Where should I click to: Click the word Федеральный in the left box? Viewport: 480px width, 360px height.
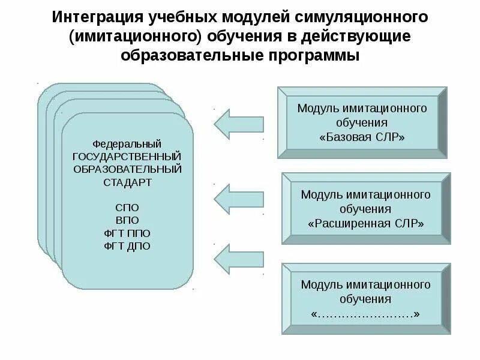(x=127, y=144)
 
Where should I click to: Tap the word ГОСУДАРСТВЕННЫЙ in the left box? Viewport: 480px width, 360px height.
(x=127, y=157)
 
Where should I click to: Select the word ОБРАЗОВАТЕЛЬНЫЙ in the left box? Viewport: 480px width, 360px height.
(x=127, y=169)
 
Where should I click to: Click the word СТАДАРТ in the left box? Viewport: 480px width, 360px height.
(x=127, y=181)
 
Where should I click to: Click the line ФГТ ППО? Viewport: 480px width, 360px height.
(x=127, y=233)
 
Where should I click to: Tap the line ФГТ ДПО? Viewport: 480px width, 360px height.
(x=127, y=245)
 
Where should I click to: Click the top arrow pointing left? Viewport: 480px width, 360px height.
(x=238, y=123)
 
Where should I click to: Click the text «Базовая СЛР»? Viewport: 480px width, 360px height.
(x=362, y=137)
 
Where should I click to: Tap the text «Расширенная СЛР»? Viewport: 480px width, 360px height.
(x=366, y=223)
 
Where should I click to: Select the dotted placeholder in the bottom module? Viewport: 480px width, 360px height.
(x=366, y=313)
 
